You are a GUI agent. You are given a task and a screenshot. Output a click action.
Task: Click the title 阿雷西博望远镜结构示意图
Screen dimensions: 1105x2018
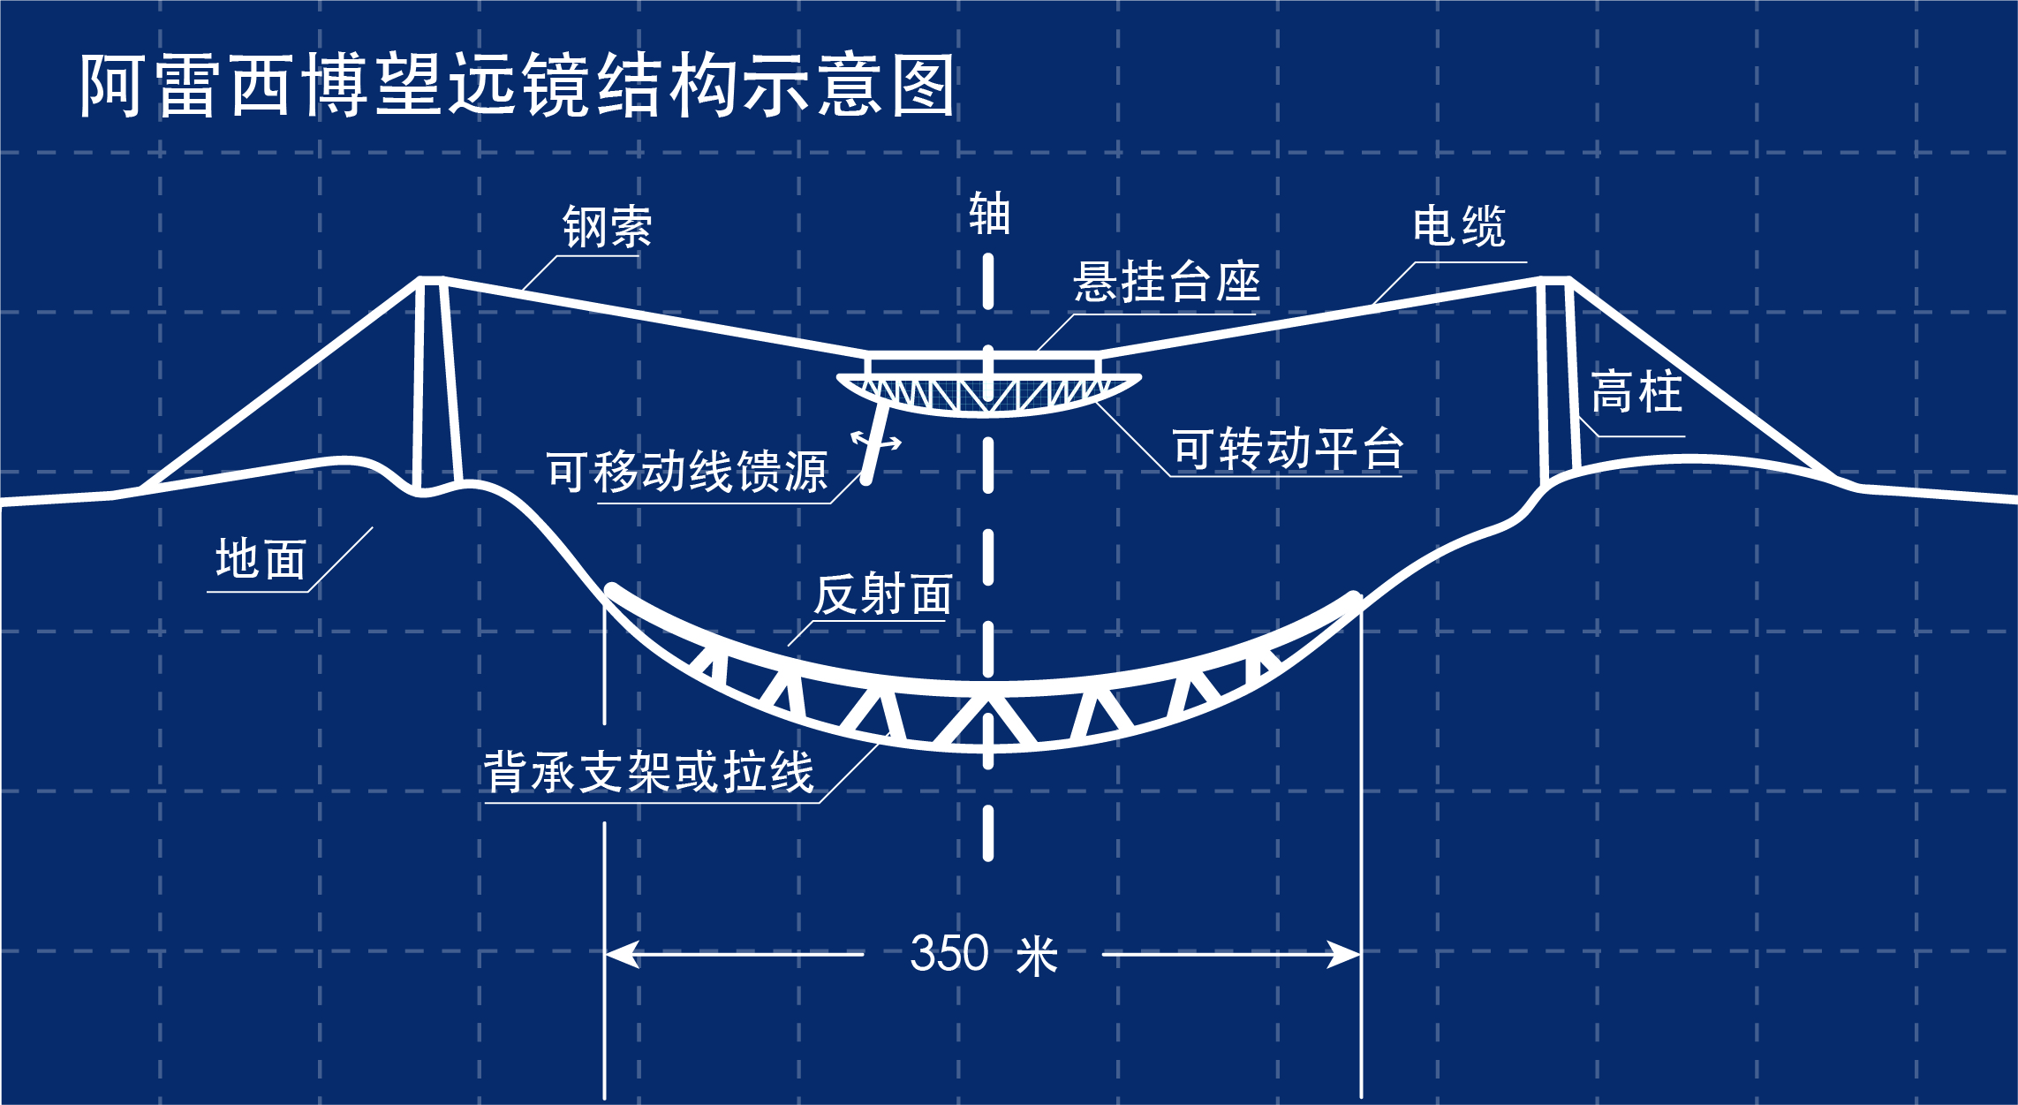pyautogui.click(x=517, y=85)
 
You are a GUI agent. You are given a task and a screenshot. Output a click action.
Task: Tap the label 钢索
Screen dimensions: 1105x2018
pyautogui.click(x=608, y=227)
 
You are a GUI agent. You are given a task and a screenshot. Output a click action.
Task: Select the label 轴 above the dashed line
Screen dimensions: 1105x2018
pyautogui.click(x=989, y=214)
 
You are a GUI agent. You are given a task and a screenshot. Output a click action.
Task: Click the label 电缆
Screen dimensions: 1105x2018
pyautogui.click(x=1459, y=226)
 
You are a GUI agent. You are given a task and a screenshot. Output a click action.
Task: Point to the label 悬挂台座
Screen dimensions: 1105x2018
pyautogui.click(x=1167, y=282)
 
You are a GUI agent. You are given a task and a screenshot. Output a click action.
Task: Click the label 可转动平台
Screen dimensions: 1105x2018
pyautogui.click(x=1288, y=449)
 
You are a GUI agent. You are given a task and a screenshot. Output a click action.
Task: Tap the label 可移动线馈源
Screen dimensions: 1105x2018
pyautogui.click(x=687, y=471)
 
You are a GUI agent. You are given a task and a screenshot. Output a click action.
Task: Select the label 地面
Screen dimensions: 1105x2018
pyautogui.click(x=261, y=559)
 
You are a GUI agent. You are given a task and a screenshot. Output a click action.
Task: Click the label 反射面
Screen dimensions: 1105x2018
pyautogui.click(x=882, y=594)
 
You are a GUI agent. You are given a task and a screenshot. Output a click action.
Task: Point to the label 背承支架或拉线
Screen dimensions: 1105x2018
pyautogui.click(x=648, y=772)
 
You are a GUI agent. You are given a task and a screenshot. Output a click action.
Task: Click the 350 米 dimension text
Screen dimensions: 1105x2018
pyautogui.click(x=984, y=955)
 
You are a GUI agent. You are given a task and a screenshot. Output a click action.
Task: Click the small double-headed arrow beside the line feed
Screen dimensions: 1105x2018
pyautogui.click(x=876, y=441)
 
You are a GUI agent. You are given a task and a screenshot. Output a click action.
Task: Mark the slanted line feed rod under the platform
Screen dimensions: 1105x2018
pyautogui.click(x=876, y=442)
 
